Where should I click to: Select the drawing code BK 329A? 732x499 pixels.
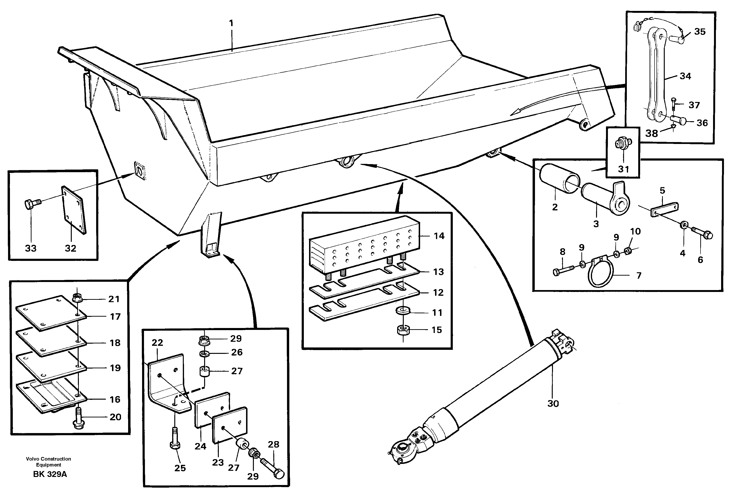tap(50, 474)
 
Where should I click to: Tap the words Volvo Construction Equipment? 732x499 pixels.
tap(49, 462)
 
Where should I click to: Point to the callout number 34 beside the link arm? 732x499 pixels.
tap(685, 76)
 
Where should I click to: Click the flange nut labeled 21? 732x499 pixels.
tap(77, 297)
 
